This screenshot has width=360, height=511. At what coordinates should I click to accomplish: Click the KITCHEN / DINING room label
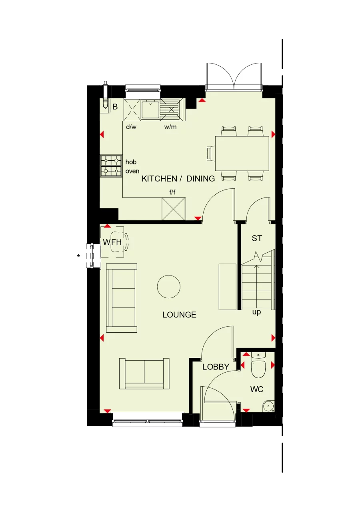(x=178, y=179)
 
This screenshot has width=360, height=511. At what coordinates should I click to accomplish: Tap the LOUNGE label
(x=179, y=315)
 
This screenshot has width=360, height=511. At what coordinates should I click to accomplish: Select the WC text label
(x=256, y=389)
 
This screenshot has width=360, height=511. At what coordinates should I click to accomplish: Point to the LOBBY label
(x=216, y=367)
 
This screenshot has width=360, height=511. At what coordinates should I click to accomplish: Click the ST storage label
(x=257, y=239)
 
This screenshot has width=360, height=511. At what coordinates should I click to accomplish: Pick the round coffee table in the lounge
(x=168, y=287)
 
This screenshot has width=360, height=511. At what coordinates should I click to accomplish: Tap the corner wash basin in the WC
(x=269, y=406)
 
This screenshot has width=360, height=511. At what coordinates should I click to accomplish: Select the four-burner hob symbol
(x=111, y=166)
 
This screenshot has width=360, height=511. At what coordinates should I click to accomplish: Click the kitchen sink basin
(x=150, y=110)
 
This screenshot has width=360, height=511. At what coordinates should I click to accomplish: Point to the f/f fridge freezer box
(x=174, y=209)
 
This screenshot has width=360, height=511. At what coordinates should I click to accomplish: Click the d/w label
(x=131, y=127)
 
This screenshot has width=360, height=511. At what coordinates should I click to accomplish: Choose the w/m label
(x=170, y=127)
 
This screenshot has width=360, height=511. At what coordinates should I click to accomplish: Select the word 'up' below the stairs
(x=256, y=312)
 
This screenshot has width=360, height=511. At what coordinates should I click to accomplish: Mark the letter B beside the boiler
(x=115, y=107)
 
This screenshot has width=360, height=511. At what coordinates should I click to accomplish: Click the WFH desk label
(x=112, y=242)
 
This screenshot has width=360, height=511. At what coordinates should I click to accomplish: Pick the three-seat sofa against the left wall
(x=122, y=298)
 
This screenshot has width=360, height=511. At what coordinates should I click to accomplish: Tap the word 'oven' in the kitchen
(x=132, y=171)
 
